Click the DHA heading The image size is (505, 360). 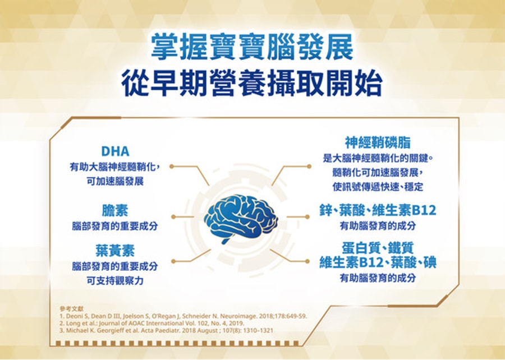[x=115, y=151]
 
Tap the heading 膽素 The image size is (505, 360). [x=115, y=210]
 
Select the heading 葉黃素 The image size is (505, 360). [x=115, y=251]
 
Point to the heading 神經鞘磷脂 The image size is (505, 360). [x=378, y=142]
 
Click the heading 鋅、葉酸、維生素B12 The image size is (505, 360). [x=378, y=210]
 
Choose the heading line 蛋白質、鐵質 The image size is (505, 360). [x=378, y=248]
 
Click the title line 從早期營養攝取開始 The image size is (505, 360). [x=252, y=84]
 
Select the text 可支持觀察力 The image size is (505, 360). [x=115, y=280]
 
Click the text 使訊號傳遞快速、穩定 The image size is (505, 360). [x=378, y=187]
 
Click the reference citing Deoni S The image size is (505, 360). [x=183, y=316]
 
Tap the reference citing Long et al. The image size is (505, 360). [x=152, y=323]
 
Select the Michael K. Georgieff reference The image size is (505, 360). [x=167, y=330]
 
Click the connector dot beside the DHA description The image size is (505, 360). [x=172, y=167]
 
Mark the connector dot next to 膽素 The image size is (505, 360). [x=173, y=217]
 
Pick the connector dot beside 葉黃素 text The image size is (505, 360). [x=173, y=261]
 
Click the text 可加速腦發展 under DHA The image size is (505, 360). [x=115, y=182]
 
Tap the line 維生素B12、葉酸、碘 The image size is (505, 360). [x=378, y=262]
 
